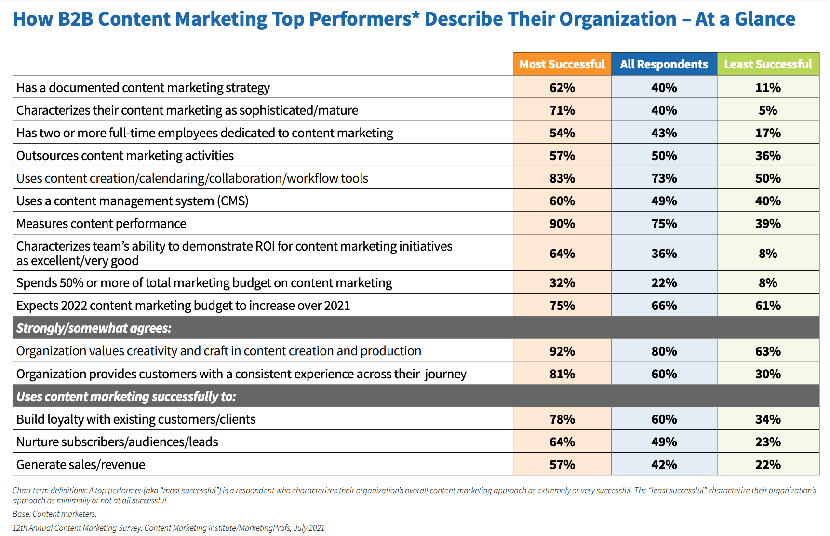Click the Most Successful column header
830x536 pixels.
tap(562, 64)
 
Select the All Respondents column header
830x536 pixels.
tap(664, 64)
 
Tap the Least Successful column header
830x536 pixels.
tap(768, 64)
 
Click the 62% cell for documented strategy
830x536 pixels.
tap(562, 88)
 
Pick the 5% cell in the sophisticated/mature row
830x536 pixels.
tap(768, 110)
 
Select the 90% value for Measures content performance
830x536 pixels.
tap(562, 224)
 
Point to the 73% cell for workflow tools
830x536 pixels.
tap(664, 178)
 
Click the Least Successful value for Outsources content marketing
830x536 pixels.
tap(768, 156)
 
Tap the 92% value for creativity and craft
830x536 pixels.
tap(562, 351)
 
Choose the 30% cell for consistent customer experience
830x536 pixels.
tap(768, 374)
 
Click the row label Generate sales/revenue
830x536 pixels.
tap(80, 465)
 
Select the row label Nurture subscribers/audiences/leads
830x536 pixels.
tap(117, 442)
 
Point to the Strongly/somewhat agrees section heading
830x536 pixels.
tap(94, 328)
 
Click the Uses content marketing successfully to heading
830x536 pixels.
tap(126, 397)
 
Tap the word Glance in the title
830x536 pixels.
tap(765, 19)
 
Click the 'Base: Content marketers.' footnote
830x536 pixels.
tap(54, 514)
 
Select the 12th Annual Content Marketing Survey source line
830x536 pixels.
tap(168, 528)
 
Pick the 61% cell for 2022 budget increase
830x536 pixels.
tap(768, 306)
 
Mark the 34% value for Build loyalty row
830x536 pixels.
tap(768, 419)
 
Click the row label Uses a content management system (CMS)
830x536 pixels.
tap(133, 201)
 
